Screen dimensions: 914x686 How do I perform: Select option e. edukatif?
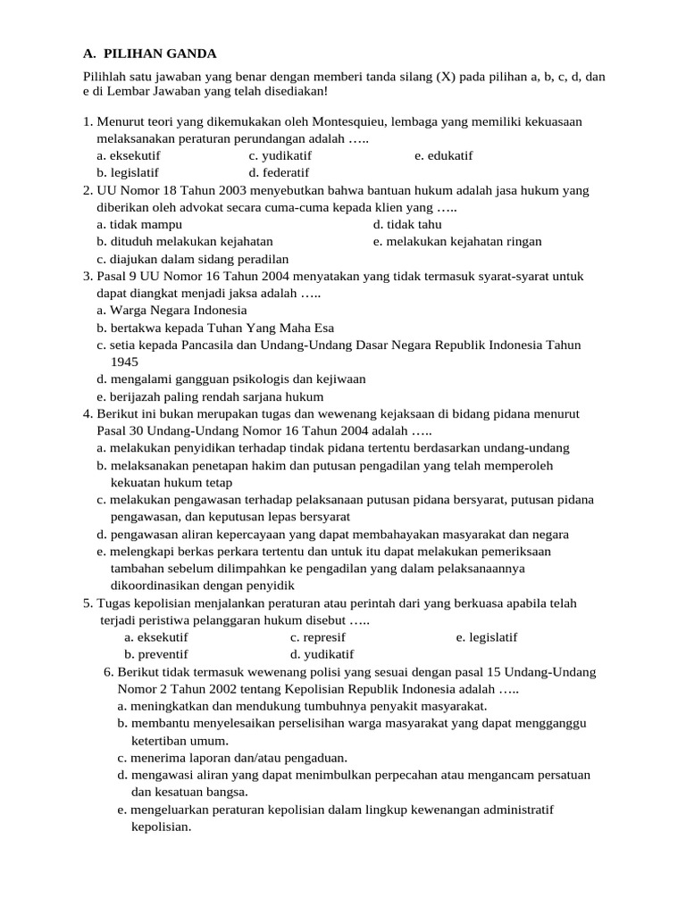[x=443, y=155]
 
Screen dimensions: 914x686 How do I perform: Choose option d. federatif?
[x=279, y=172]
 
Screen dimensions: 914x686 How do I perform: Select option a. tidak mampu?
[x=139, y=224]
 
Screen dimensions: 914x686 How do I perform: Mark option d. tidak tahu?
[x=407, y=224]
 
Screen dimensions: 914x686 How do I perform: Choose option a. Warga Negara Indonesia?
[x=171, y=311]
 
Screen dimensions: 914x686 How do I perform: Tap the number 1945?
[x=125, y=362]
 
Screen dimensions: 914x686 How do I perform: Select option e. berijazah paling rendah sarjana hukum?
[x=210, y=396]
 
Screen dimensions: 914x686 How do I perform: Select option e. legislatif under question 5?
[x=486, y=637]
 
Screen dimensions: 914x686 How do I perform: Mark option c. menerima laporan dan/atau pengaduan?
[x=232, y=758]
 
